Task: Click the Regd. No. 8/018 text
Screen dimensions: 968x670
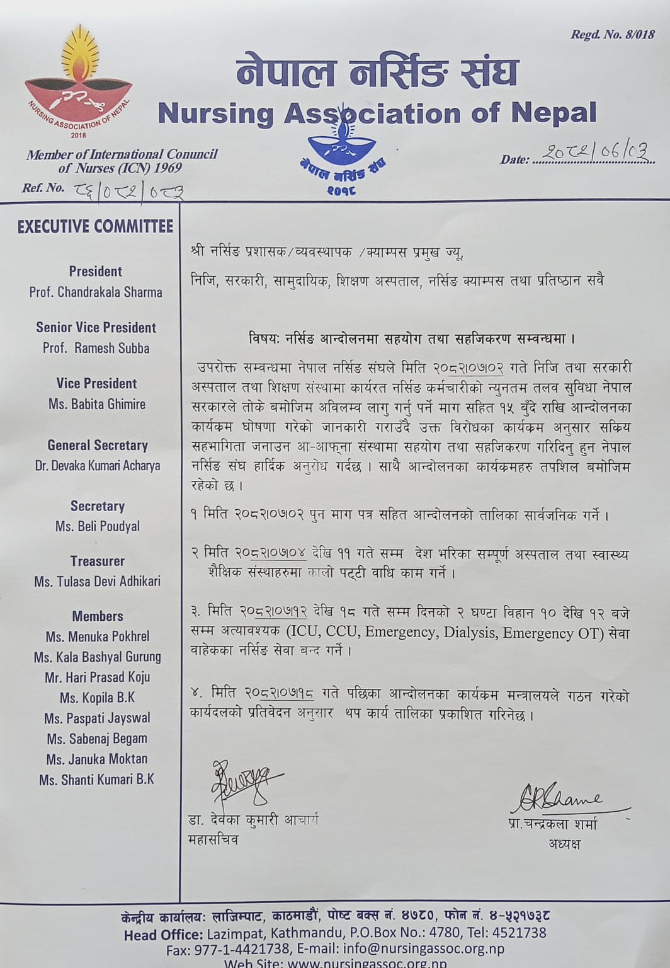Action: (x=612, y=35)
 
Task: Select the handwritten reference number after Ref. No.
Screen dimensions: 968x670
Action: (x=130, y=190)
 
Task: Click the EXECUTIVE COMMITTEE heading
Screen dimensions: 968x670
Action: (x=95, y=227)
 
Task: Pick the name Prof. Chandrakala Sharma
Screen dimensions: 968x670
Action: (x=96, y=292)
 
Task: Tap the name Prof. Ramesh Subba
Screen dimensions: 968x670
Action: (x=96, y=348)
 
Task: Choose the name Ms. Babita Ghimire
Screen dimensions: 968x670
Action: (x=97, y=404)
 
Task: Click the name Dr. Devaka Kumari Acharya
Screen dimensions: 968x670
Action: (x=98, y=466)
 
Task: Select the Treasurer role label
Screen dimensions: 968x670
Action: (x=98, y=561)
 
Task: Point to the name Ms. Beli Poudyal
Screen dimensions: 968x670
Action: (x=98, y=526)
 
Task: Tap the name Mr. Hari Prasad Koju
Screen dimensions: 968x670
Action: (x=98, y=677)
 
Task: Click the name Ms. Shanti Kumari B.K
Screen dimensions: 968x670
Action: (x=97, y=780)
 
